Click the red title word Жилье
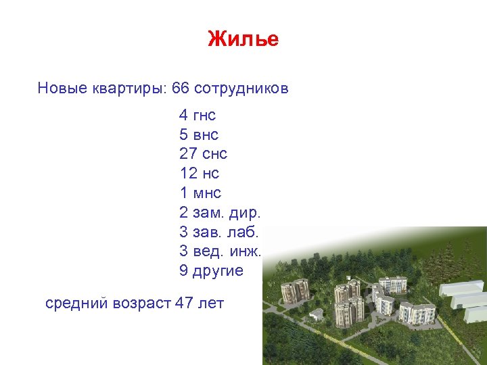pyautogui.click(x=243, y=39)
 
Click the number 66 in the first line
pyautogui.click(x=181, y=89)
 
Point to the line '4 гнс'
pyautogui.click(x=198, y=115)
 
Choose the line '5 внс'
pyautogui.click(x=198, y=135)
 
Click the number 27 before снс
pyautogui.click(x=188, y=154)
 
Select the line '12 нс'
pyautogui.click(x=199, y=174)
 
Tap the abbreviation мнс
pyautogui.click(x=208, y=193)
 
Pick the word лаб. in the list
pyautogui.click(x=244, y=232)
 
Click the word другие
pyautogui.click(x=218, y=271)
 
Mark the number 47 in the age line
pyautogui.click(x=184, y=303)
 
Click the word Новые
pyautogui.click(x=63, y=89)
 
